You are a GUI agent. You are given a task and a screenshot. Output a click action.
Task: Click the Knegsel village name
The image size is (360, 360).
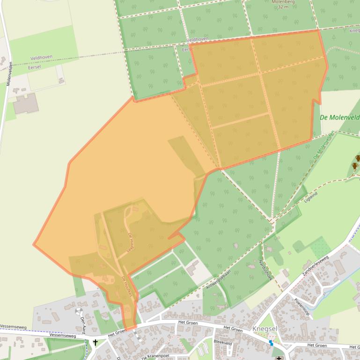265,329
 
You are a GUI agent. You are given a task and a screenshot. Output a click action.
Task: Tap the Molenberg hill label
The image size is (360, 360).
283,2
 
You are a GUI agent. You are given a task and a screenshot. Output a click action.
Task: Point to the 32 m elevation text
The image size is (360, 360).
283,7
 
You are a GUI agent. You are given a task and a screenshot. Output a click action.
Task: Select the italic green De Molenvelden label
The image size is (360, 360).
339,117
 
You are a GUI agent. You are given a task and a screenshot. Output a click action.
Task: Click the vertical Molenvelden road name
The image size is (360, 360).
9,73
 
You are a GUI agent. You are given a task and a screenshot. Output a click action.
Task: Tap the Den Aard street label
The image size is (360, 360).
83,323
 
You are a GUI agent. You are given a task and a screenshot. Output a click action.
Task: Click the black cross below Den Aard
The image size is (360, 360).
96,343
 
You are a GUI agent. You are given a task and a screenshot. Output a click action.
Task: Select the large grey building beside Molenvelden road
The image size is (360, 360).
25,104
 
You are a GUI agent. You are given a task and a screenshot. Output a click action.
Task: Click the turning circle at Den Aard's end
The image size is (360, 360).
79,311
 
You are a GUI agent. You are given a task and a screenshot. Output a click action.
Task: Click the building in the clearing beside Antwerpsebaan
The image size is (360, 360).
192,268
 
